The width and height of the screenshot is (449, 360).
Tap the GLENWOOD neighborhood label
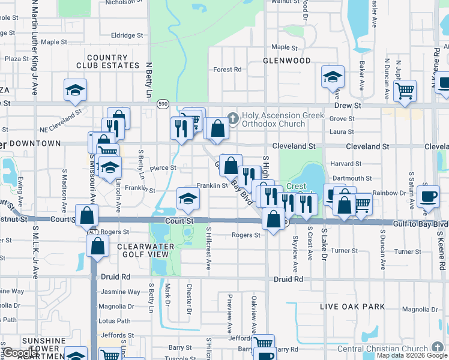(x=287, y=61)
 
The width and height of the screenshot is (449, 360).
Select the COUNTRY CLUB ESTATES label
(x=108, y=61)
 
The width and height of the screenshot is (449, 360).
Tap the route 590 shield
(x=163, y=104)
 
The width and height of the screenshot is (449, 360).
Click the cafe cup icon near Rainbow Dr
(x=428, y=196)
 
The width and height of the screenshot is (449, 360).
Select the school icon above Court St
(x=188, y=200)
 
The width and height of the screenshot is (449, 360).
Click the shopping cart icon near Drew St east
(x=405, y=92)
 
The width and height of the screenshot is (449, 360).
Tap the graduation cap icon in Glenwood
(x=332, y=77)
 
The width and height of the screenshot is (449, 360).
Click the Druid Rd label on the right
(x=289, y=279)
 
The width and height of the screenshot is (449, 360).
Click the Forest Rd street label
(x=227, y=70)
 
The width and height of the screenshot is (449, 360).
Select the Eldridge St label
(x=127, y=35)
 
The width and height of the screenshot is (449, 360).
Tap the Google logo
(x=20, y=353)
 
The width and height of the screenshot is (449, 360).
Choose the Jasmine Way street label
(x=125, y=292)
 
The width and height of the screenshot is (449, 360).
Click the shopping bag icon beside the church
(x=217, y=128)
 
